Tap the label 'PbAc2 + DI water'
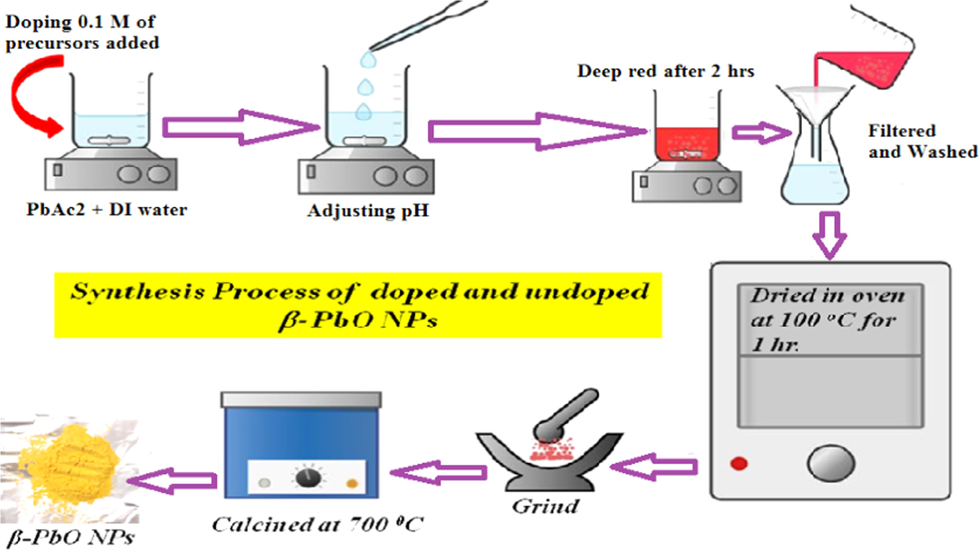point(106,210)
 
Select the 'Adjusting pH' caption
point(368,211)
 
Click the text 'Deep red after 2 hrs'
point(665,71)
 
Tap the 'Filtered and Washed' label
point(922,141)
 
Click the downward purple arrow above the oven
point(829,235)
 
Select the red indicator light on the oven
point(739,463)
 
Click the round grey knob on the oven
point(830,463)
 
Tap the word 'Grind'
point(545,506)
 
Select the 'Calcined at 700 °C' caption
point(318,524)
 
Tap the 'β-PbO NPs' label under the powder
point(71,537)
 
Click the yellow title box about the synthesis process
point(358,305)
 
